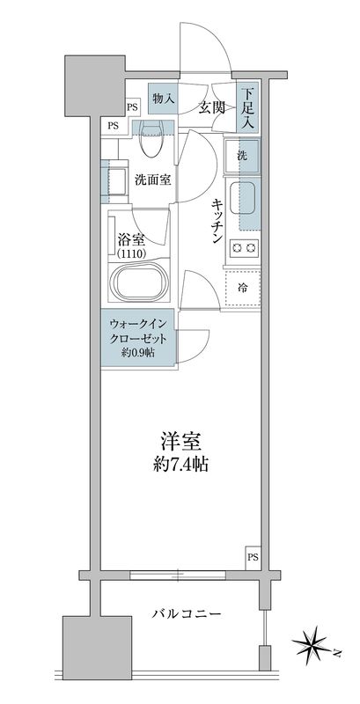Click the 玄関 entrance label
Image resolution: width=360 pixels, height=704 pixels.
pyautogui.click(x=212, y=107)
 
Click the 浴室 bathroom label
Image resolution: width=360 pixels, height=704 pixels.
pyautogui.click(x=131, y=237)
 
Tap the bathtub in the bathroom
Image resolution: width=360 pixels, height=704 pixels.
pyautogui.click(x=140, y=287)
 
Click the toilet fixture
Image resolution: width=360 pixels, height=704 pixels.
pyautogui.click(x=151, y=132)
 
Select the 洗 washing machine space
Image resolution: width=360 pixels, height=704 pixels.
pyautogui.click(x=242, y=155)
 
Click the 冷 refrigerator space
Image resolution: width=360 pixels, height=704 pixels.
pyautogui.click(x=242, y=286)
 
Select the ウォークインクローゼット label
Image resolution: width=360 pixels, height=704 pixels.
pyautogui.click(x=138, y=331)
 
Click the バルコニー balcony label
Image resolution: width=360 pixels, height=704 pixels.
pyautogui.click(x=184, y=612)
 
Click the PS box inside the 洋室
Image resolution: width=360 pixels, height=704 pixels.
pyautogui.click(x=252, y=557)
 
